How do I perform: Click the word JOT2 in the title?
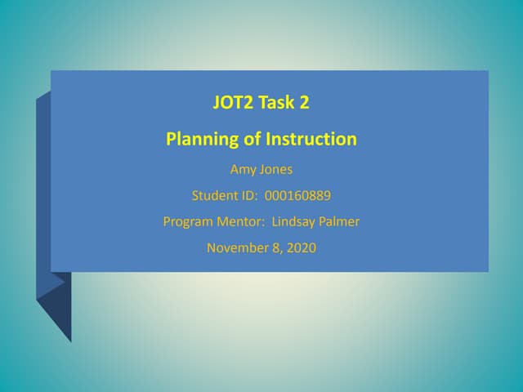tap(233, 104)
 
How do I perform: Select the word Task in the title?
tap(278, 104)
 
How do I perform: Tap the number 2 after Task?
tap(304, 104)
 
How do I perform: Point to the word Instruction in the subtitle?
tap(311, 139)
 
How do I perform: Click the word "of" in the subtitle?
tap(253, 139)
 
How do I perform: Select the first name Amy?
tap(242, 171)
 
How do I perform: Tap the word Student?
tap(214, 196)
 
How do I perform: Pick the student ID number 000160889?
tap(298, 196)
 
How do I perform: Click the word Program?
tap(189, 221)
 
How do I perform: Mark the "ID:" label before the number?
tap(248, 196)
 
